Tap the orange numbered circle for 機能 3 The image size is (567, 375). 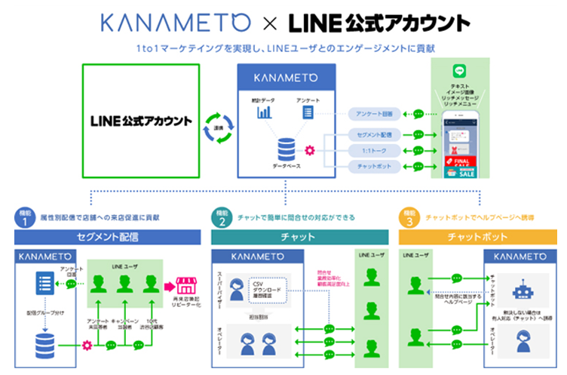click(409, 218)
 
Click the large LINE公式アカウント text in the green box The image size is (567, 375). click(141, 121)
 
